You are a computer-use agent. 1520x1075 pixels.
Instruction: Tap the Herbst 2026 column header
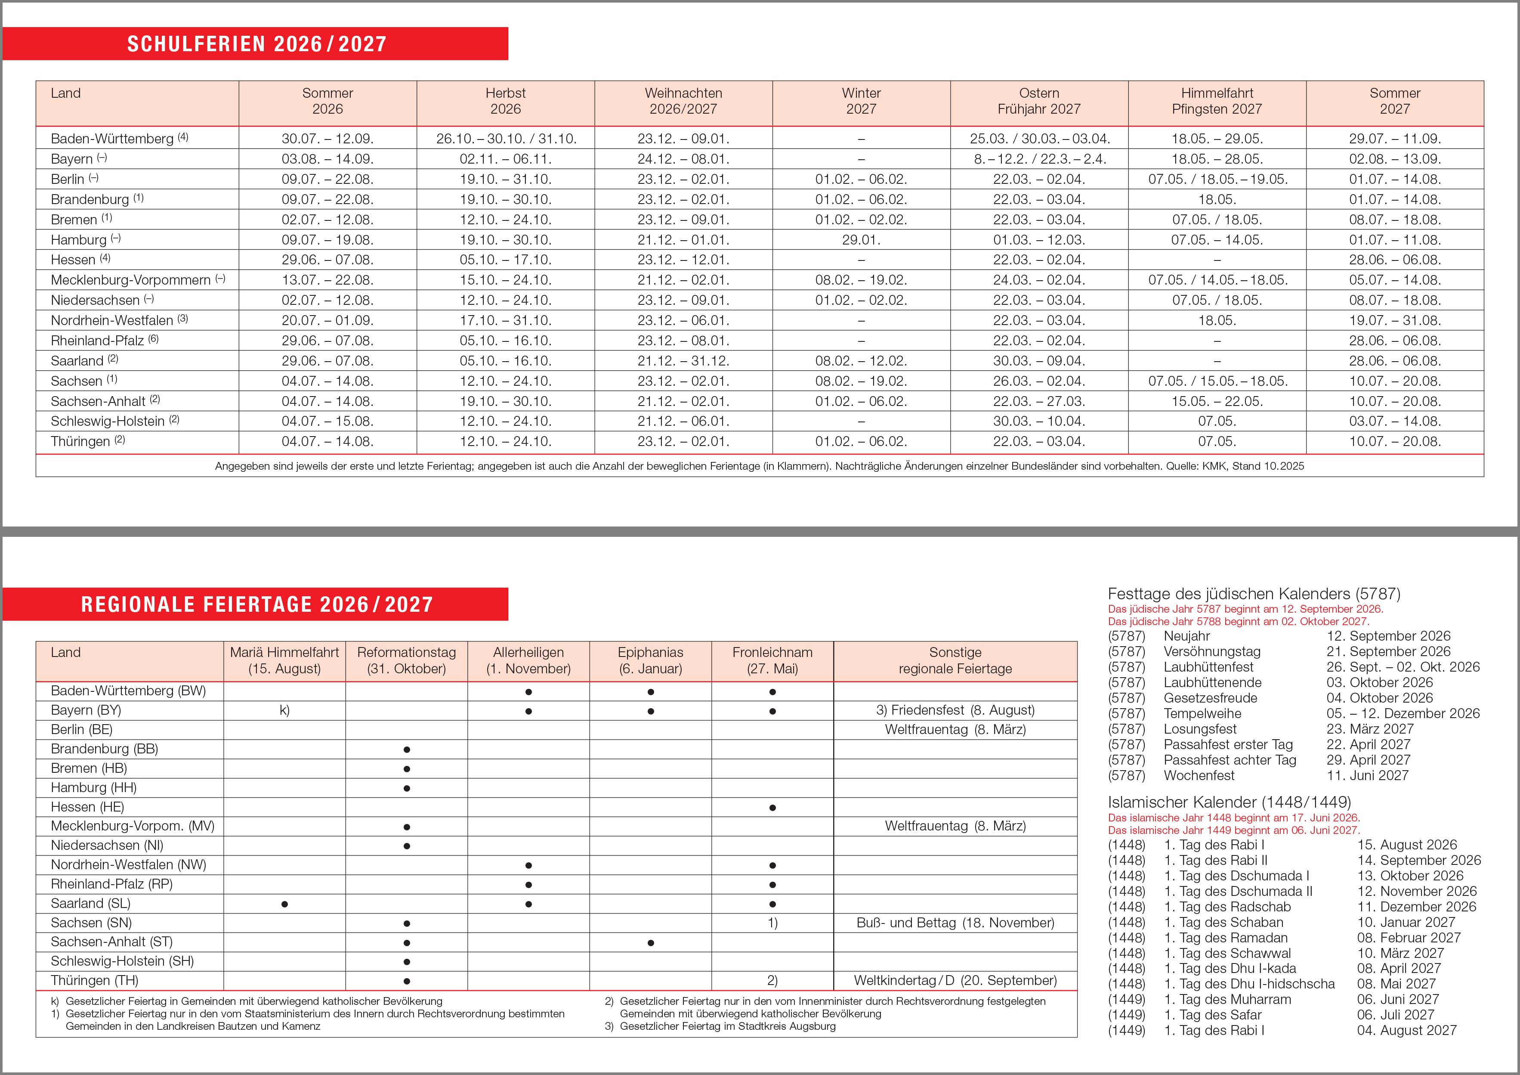505,101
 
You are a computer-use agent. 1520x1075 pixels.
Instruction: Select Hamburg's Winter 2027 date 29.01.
861,240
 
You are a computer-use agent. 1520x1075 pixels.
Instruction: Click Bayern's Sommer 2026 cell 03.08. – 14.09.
327,159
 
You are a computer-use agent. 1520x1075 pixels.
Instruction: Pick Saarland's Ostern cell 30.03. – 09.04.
1039,361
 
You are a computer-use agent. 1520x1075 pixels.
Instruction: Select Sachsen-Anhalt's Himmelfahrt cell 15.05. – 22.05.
1217,401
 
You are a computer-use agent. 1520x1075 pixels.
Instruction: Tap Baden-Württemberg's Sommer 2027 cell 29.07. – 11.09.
1394,139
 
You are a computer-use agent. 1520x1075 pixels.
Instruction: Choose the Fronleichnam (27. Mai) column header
772,660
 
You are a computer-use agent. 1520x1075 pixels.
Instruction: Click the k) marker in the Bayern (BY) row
284,710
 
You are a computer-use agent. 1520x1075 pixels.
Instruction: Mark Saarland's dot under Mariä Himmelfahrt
284,904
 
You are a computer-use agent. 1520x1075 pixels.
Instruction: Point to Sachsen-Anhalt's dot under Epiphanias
651,942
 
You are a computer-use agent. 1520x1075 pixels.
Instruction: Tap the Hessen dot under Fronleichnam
772,807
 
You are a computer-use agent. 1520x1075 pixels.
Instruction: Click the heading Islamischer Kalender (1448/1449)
1230,802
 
